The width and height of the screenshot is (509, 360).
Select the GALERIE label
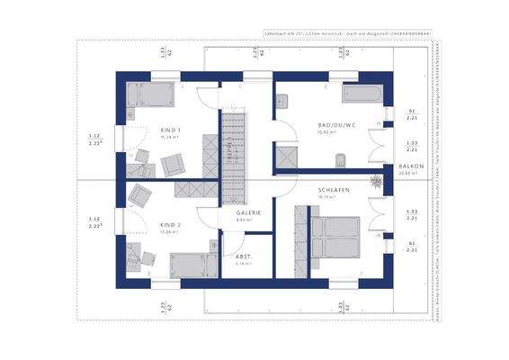[x=248, y=212]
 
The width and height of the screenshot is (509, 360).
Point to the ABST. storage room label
[x=243, y=256]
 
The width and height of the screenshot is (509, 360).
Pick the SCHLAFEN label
[x=333, y=191]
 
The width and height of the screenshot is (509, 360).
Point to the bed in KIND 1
[x=149, y=94]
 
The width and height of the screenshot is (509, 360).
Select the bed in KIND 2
[x=192, y=265]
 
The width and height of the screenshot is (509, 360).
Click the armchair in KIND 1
[x=173, y=164]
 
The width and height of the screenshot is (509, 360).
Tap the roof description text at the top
[x=347, y=32]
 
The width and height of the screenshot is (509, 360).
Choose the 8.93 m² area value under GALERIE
[x=242, y=220]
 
